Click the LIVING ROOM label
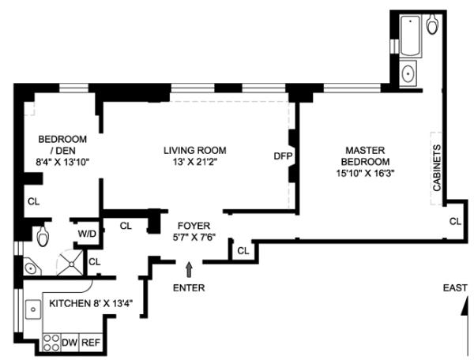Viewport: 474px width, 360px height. (x=194, y=150)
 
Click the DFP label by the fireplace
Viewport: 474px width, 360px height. (x=282, y=156)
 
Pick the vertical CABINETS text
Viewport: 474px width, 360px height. (x=436, y=169)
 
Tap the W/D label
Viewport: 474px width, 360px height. (x=85, y=234)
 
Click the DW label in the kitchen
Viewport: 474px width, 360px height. (x=70, y=343)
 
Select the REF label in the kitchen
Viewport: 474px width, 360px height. (x=92, y=343)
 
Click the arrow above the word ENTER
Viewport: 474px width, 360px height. (x=188, y=271)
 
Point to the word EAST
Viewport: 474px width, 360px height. (x=455, y=287)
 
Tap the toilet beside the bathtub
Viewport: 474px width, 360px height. (x=433, y=26)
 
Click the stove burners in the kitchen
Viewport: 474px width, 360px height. (x=52, y=342)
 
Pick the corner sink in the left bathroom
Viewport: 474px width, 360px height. (x=30, y=268)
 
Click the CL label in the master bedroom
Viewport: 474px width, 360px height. (x=454, y=221)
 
